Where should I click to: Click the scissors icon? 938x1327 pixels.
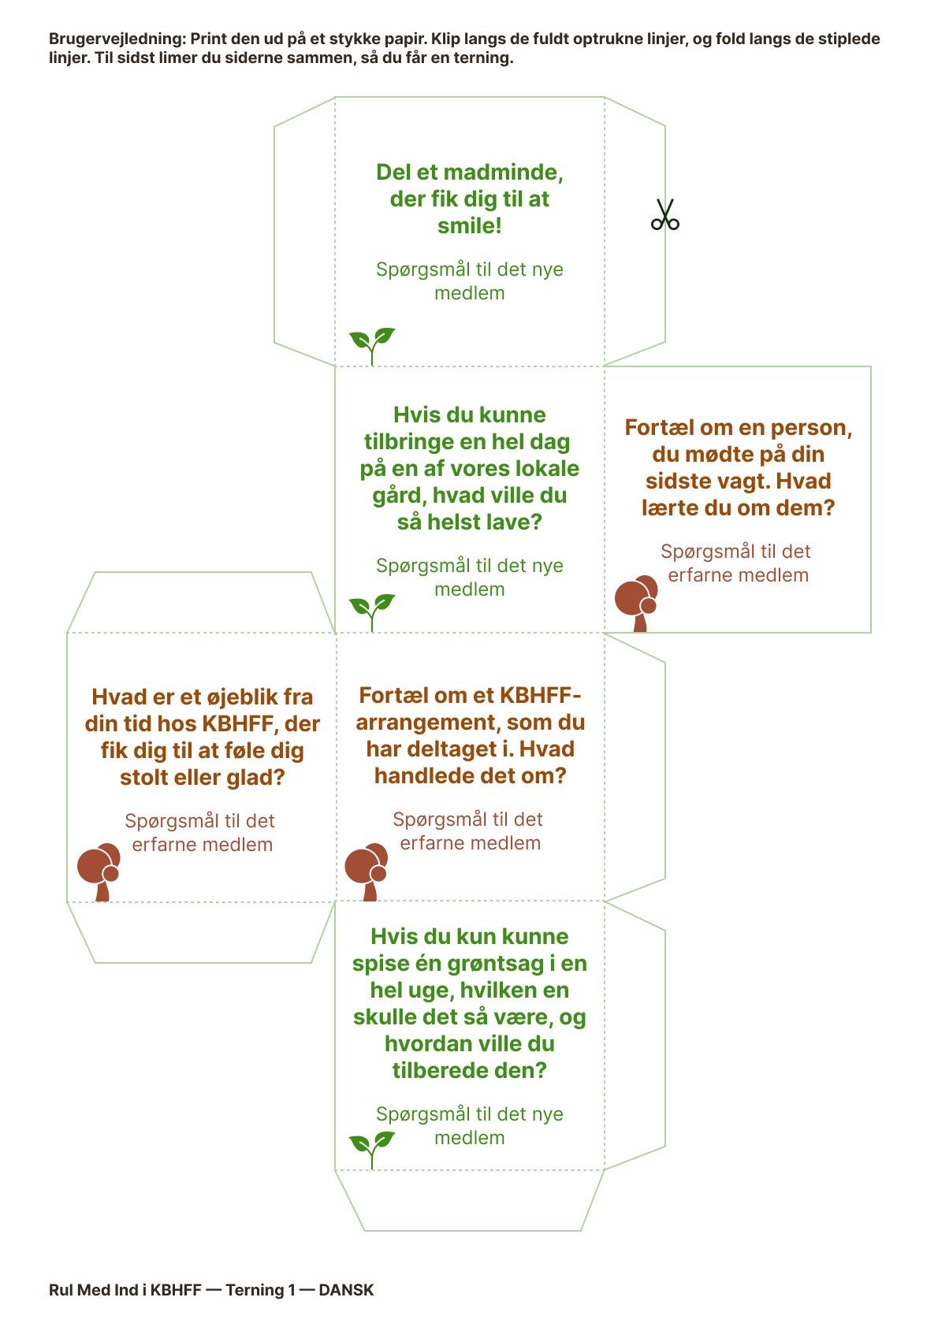[x=664, y=214]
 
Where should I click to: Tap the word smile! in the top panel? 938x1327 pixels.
[x=470, y=226]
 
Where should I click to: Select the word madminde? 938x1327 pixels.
[x=507, y=173]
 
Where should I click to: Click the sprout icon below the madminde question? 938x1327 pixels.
[x=372, y=345]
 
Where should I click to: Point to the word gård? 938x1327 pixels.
[x=399, y=496]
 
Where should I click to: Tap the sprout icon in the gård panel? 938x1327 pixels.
[x=372, y=611]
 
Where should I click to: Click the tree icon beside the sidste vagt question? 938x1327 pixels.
[x=637, y=603]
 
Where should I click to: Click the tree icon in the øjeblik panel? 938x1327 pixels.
[x=99, y=872]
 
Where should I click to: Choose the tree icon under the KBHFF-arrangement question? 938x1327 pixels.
[x=367, y=871]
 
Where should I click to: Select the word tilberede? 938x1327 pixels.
[x=437, y=1071]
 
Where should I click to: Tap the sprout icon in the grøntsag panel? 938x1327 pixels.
[x=372, y=1149]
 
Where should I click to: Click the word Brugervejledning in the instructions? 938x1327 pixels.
[x=117, y=39]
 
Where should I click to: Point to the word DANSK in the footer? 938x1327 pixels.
[x=346, y=1290]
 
